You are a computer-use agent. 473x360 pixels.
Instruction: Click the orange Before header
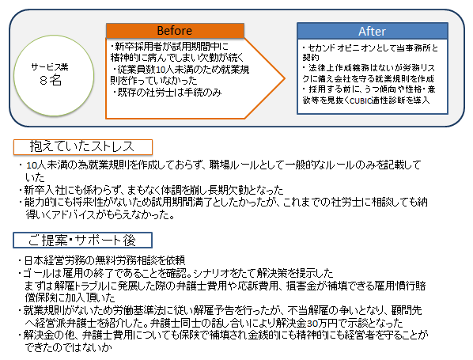pyautogui.click(x=175, y=31)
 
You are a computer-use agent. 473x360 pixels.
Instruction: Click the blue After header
pyautogui.click(x=373, y=31)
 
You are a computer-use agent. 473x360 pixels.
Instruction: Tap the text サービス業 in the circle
pyautogui.click(x=50, y=67)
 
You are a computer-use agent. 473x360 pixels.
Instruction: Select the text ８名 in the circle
pyautogui.click(x=51, y=80)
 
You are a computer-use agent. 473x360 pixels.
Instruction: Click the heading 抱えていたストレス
pyautogui.click(x=82, y=146)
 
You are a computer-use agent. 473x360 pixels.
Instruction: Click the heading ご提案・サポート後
pyautogui.click(x=82, y=241)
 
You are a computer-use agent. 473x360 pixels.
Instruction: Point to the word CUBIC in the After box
pyautogui.click(x=361, y=100)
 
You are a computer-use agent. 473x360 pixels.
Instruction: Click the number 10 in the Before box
pyautogui.click(x=161, y=70)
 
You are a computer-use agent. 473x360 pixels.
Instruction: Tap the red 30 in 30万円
pyautogui.click(x=312, y=323)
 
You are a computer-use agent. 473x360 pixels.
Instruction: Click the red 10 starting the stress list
pyautogui.click(x=32, y=165)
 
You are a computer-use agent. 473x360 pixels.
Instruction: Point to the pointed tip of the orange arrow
pyautogui.click(x=285, y=78)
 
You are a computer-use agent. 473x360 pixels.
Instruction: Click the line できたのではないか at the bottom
pyautogui.click(x=69, y=347)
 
